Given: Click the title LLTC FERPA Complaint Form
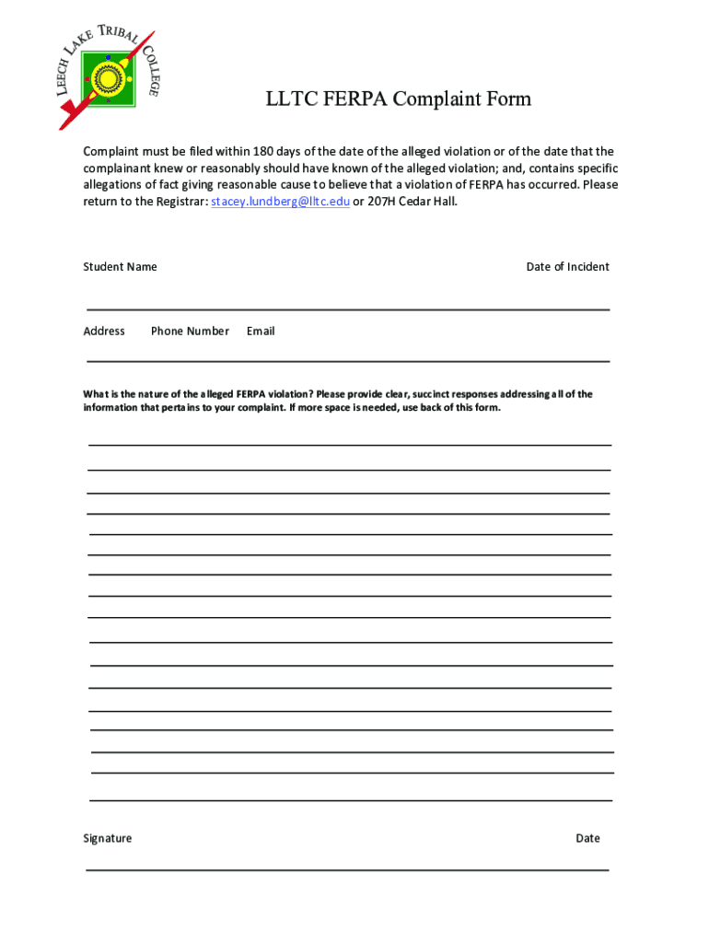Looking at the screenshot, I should coord(399,99).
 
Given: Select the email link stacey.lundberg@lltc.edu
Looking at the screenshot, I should coord(280,201).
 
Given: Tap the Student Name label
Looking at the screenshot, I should coord(120,267).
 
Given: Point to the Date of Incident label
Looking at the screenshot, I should coord(567,267).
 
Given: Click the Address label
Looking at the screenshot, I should coord(104,332).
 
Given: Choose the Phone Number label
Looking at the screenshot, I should coord(190,332).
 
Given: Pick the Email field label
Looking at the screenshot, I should coord(261,332).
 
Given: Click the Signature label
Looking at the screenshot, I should coord(107,839).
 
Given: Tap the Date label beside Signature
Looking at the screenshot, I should coord(587,839).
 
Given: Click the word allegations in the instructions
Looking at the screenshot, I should coord(116,184).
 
